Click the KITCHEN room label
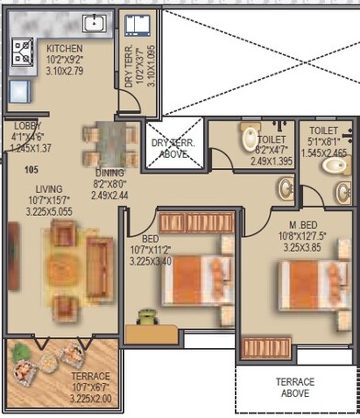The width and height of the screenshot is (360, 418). click(63, 48)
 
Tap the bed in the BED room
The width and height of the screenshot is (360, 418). click(195, 272)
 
